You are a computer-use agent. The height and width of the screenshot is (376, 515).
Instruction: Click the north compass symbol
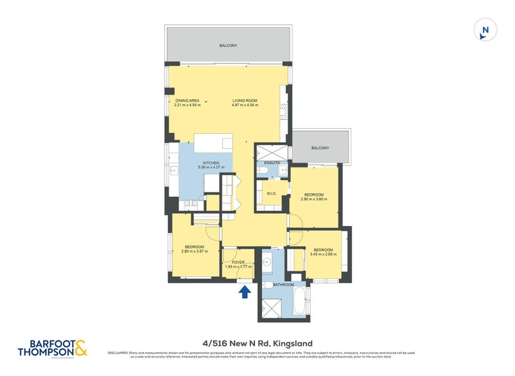coord(485,30)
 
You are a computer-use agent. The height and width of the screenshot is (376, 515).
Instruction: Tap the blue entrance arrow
coord(245,292)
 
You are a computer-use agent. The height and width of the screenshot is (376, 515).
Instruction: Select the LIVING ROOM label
coord(245,100)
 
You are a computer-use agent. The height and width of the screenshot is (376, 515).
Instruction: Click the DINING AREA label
coord(187,100)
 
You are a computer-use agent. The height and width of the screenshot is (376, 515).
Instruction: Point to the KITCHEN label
coord(212,163)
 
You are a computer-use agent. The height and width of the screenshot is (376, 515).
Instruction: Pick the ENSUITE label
coord(272,163)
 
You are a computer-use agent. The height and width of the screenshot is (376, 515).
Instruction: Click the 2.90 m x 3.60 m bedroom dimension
coord(319,199)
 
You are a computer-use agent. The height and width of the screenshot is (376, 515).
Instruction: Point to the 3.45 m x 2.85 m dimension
coord(323,254)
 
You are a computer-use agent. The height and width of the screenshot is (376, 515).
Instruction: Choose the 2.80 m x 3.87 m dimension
coord(194,252)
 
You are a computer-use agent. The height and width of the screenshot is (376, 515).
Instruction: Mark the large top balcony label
coord(229,45)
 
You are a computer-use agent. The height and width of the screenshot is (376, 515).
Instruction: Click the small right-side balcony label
coord(320,148)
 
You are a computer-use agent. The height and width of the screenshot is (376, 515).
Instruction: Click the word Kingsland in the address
coord(294,344)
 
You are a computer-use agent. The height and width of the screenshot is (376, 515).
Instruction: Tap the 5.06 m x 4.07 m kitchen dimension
coord(212,168)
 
